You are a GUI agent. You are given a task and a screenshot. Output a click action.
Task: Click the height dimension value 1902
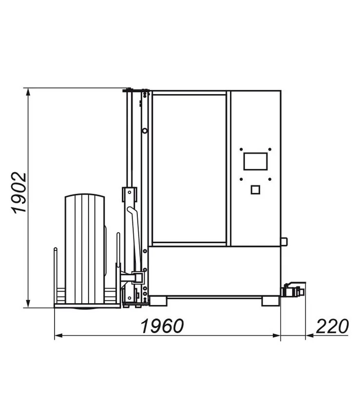click(x=19, y=193)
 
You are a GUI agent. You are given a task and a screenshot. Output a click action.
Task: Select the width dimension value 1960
click(x=162, y=326)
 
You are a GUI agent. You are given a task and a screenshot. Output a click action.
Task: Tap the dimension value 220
click(x=332, y=326)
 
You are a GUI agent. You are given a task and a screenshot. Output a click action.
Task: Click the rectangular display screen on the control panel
click(x=255, y=161)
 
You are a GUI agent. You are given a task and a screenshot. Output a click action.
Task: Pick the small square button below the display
click(x=255, y=190)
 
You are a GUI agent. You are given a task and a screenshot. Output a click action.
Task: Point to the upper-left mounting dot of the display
click(x=241, y=150)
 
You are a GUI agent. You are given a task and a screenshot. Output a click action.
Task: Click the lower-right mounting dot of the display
click(x=270, y=179)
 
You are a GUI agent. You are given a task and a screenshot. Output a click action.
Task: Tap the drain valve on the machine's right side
click(x=292, y=291)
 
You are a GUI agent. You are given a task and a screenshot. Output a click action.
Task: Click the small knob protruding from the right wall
click(x=284, y=241)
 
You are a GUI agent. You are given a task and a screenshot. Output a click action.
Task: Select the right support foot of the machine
click(x=270, y=301)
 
